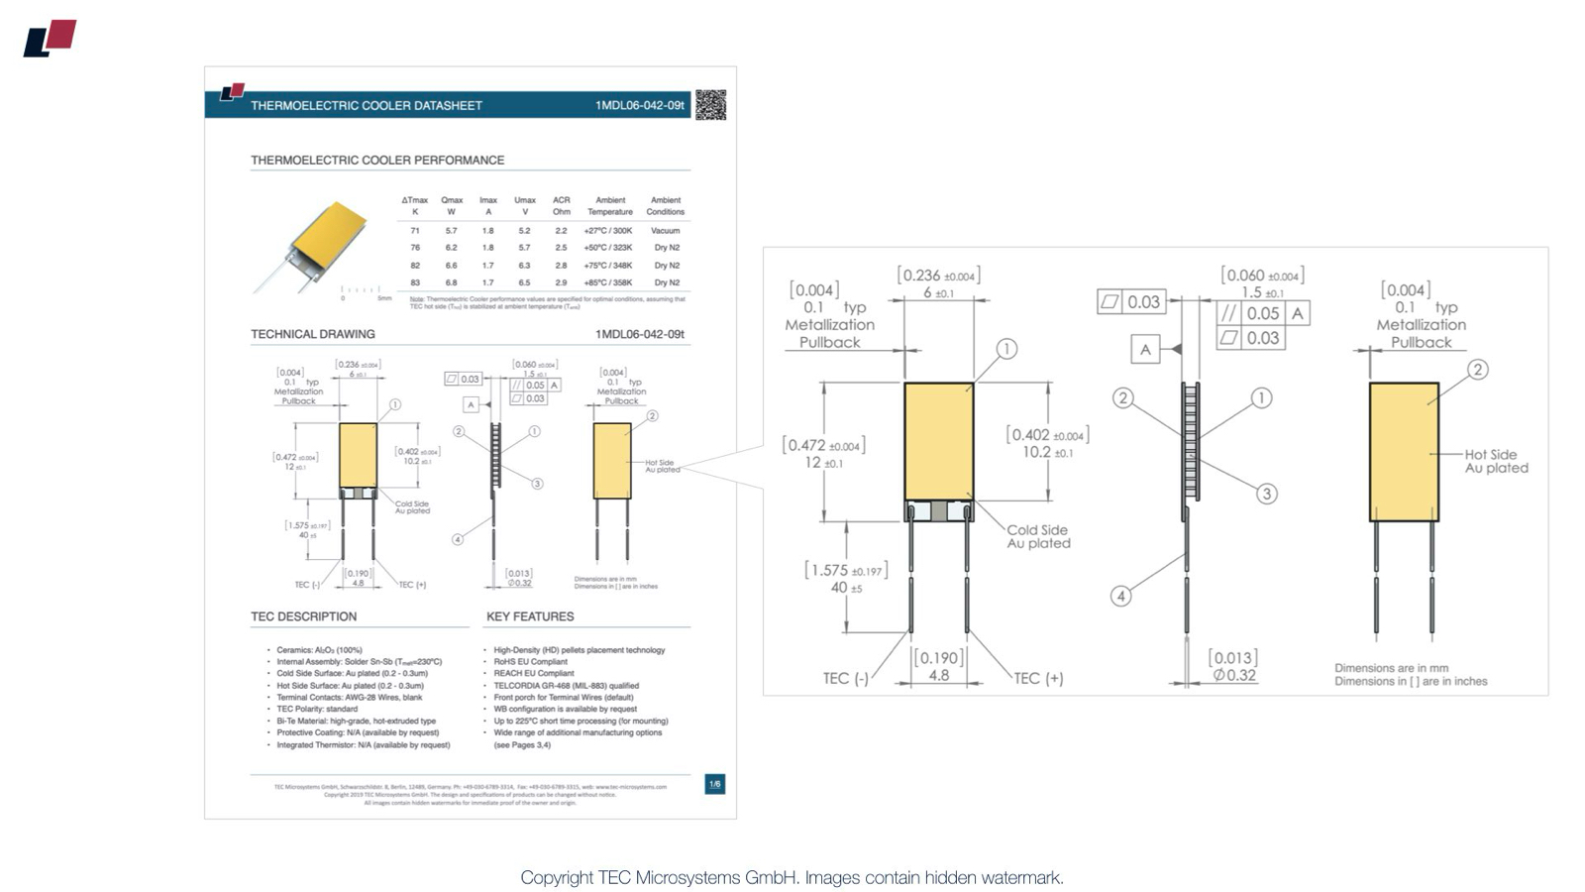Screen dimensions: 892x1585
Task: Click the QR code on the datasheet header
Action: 710,104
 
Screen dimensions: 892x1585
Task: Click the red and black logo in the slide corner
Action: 50,38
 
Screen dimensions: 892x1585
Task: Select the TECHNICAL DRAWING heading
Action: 312,334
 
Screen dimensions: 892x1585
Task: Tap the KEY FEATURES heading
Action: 530,616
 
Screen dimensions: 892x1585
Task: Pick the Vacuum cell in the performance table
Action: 665,230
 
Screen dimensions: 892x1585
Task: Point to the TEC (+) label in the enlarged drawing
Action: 1038,678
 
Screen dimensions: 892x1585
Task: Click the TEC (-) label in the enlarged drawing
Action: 845,678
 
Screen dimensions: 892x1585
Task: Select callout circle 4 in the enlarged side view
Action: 1120,596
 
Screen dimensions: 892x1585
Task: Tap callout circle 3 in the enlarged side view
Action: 1266,494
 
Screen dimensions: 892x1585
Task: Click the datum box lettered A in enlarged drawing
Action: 1145,349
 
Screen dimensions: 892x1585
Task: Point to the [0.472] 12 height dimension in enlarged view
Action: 823,454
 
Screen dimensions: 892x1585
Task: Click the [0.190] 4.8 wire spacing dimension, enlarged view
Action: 938,666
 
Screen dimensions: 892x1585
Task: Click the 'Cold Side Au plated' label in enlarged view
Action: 1038,536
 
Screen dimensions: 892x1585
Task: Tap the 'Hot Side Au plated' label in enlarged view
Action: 1496,461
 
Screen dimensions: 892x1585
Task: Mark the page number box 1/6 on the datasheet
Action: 714,784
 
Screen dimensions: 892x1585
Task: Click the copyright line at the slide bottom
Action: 792,877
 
